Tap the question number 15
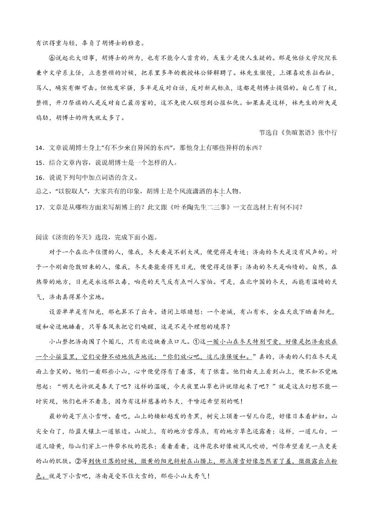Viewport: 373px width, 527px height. tap(40, 163)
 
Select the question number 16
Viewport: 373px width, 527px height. tap(40, 178)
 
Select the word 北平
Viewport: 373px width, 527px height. tap(94, 252)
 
